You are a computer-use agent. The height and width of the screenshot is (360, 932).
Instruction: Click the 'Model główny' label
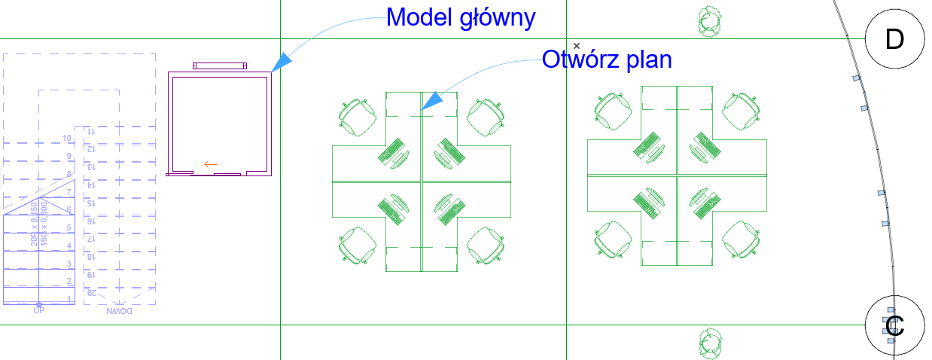[x=461, y=17]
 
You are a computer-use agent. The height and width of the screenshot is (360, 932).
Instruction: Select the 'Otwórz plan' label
[x=607, y=59]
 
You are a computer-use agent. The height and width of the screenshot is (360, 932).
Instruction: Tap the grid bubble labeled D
[x=894, y=39]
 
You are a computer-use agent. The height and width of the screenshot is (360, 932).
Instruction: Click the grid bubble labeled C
[x=894, y=325]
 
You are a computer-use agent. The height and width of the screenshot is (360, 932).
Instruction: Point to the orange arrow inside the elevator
[x=211, y=163]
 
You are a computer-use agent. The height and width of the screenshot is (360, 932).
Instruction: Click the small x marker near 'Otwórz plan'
[x=577, y=46]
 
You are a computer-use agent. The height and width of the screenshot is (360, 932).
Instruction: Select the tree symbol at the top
[x=708, y=21]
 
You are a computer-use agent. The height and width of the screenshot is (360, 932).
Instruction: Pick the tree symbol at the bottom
[x=708, y=343]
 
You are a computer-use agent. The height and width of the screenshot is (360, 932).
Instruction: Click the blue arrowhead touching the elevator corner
[x=280, y=63]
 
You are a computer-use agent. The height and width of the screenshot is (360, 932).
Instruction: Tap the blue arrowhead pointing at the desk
[x=432, y=101]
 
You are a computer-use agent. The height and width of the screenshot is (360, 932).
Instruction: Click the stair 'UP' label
[x=38, y=310]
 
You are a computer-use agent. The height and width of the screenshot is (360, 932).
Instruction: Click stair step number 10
[x=67, y=138]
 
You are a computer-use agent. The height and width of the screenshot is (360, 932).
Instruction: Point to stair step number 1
[x=69, y=300]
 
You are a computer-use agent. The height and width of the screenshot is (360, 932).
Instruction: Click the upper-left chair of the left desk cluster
[x=356, y=116]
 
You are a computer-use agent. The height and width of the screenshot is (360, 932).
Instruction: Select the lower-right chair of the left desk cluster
[x=486, y=245]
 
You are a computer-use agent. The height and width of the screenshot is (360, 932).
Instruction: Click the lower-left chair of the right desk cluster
[x=614, y=239]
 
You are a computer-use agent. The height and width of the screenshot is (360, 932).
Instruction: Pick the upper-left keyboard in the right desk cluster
[x=648, y=145]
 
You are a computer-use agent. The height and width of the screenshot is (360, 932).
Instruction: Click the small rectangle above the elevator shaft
[x=220, y=66]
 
